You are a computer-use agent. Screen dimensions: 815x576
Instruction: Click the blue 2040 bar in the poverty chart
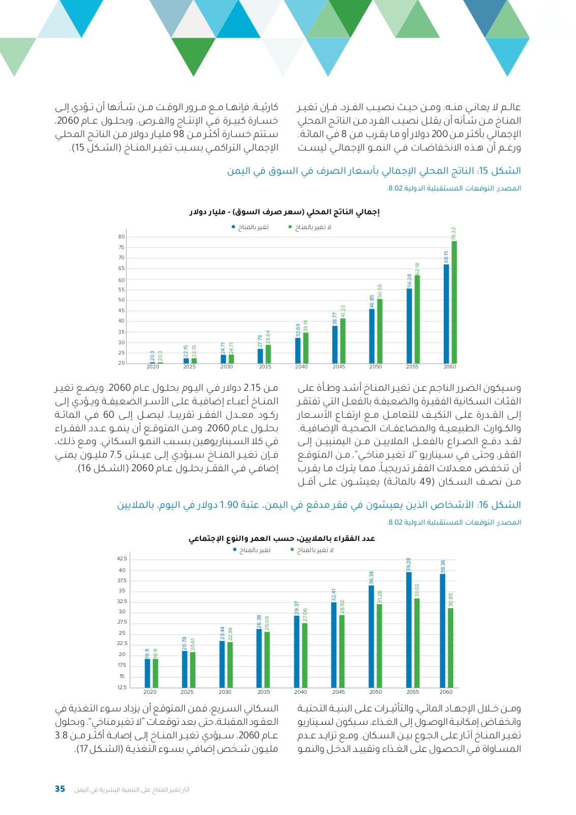click(x=297, y=652)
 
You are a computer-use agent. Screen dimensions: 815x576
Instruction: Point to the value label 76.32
click(x=454, y=234)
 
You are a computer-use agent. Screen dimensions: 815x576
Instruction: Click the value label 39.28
click(x=409, y=564)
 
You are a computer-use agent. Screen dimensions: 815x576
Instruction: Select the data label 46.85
click(x=372, y=301)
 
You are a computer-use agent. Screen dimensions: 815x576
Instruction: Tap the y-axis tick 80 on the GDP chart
click(x=122, y=237)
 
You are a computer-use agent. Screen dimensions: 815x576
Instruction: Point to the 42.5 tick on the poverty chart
click(x=122, y=559)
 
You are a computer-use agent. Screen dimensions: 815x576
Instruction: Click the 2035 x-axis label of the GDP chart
click(x=265, y=367)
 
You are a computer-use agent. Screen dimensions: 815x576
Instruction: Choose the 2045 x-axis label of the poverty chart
click(x=338, y=692)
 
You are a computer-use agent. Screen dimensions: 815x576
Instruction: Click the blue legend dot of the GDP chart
click(x=234, y=227)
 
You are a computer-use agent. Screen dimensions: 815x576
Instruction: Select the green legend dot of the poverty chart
click(x=292, y=550)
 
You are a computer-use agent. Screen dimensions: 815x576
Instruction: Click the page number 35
click(x=60, y=789)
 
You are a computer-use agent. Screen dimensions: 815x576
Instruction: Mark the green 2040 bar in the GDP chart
click(x=306, y=348)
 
